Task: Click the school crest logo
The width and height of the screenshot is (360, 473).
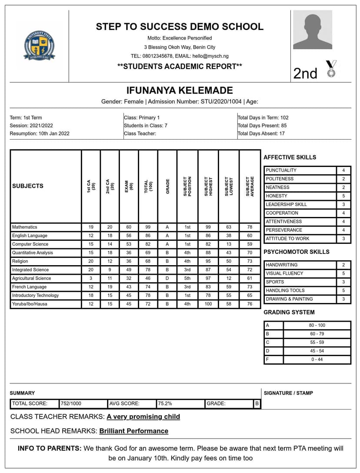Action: tap(39, 45)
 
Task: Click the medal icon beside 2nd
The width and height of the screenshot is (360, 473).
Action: tap(331, 69)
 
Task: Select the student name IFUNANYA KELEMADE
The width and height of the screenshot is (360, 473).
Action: tap(180, 90)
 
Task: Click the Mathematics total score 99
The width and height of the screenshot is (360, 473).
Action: tap(148, 227)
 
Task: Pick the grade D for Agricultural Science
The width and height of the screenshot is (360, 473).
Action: tap(167, 278)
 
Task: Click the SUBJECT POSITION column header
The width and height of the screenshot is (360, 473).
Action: tap(187, 186)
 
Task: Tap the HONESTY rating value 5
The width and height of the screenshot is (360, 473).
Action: tap(343, 196)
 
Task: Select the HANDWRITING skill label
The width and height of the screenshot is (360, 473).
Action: tap(282, 265)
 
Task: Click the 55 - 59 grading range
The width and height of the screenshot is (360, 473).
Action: tap(317, 343)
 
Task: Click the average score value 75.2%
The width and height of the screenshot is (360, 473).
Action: tap(165, 403)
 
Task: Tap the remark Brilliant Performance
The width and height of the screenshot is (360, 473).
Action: tap(133, 431)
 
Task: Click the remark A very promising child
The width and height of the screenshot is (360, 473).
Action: tap(143, 416)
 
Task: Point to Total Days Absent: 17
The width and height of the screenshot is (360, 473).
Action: tap(261, 133)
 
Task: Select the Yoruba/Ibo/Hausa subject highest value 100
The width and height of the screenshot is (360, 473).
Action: tap(208, 304)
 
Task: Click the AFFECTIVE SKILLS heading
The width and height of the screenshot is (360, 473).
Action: tap(290, 157)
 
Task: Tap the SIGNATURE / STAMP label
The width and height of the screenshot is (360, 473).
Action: tap(288, 393)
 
